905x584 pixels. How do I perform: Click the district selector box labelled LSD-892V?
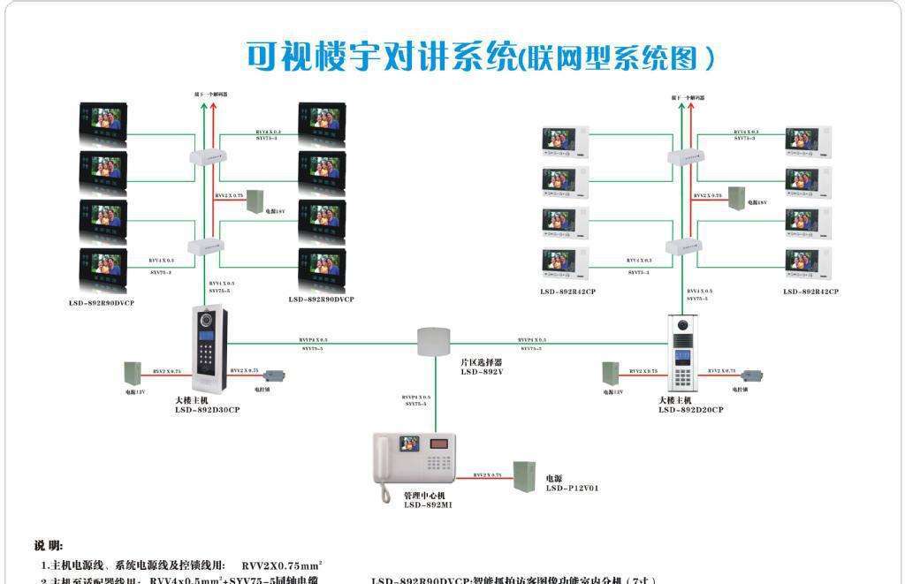pos(434,340)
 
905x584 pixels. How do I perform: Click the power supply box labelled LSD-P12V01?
pos(525,477)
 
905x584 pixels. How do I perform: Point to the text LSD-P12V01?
pos(572,489)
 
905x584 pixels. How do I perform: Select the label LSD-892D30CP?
pos(207,410)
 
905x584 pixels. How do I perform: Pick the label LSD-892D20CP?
pos(690,410)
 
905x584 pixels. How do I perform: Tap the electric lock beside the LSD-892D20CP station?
pos(750,375)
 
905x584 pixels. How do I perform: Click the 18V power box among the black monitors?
pos(256,201)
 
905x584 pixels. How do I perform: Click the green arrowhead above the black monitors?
pos(204,105)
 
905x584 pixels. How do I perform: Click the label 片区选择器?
pos(481,362)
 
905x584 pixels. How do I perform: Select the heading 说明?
pos(49,545)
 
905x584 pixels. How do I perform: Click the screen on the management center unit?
pos(409,444)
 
